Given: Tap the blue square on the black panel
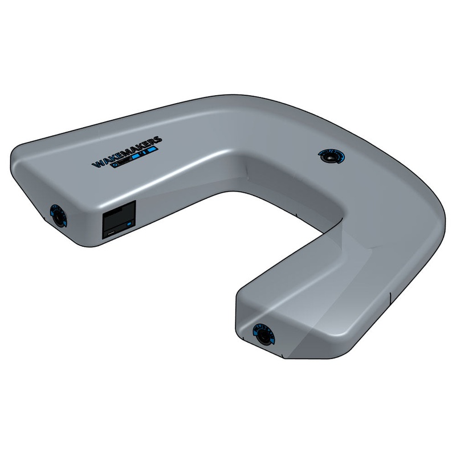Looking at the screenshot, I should click(129, 225).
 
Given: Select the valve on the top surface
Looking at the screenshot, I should click(330, 156).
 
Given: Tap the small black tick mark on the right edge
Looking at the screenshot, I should click(389, 297).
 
